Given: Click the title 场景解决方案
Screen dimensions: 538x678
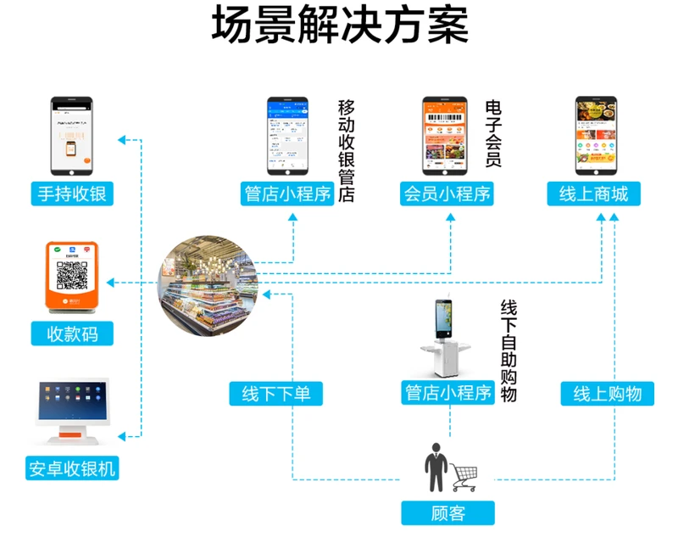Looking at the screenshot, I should [x=339, y=26].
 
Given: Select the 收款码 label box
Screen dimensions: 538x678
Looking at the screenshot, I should [x=72, y=333].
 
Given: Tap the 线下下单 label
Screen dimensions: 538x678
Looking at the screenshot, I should [x=276, y=394].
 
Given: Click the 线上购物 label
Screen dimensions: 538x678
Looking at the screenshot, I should [x=608, y=394].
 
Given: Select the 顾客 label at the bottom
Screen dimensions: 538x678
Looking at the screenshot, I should [x=447, y=513].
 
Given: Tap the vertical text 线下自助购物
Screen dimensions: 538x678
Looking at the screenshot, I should [x=508, y=350].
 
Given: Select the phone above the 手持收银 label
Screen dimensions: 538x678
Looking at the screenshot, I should [x=71, y=135].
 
